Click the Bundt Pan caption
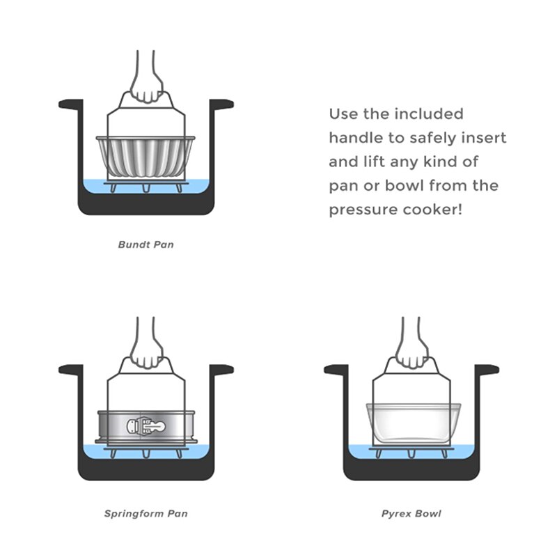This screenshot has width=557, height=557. tap(146, 245)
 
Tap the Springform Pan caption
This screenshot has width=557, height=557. tap(146, 514)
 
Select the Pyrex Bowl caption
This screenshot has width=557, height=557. tap(411, 514)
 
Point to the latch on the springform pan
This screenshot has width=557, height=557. tap(146, 425)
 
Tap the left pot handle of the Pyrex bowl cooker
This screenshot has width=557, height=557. tap(335, 370)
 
